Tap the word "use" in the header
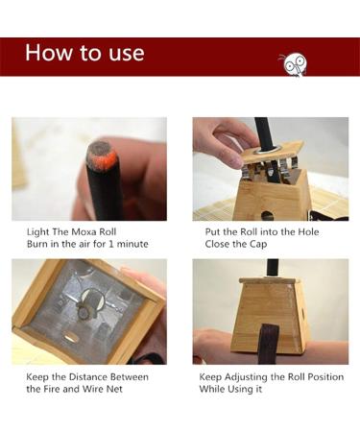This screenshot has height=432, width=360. tap(124, 54)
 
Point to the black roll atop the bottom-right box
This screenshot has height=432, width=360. tap(273, 267)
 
